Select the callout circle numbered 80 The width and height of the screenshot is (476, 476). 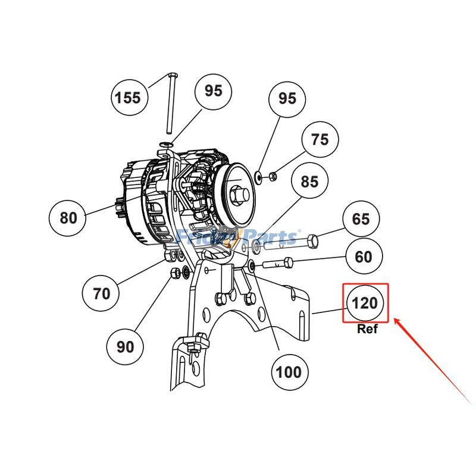click(68, 218)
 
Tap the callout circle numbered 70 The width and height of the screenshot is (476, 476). click(101, 293)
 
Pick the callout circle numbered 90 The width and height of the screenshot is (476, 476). click(125, 346)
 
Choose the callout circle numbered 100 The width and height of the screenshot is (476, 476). click(289, 372)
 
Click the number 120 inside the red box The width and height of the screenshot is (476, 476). click(365, 303)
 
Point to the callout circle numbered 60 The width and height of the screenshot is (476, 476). click(364, 257)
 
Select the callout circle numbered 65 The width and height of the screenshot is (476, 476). click(361, 219)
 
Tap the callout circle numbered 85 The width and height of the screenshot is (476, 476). click(309, 182)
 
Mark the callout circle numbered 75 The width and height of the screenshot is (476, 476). click(320, 139)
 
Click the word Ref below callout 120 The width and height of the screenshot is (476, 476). click(367, 329)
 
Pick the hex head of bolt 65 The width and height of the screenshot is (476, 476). click(314, 241)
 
